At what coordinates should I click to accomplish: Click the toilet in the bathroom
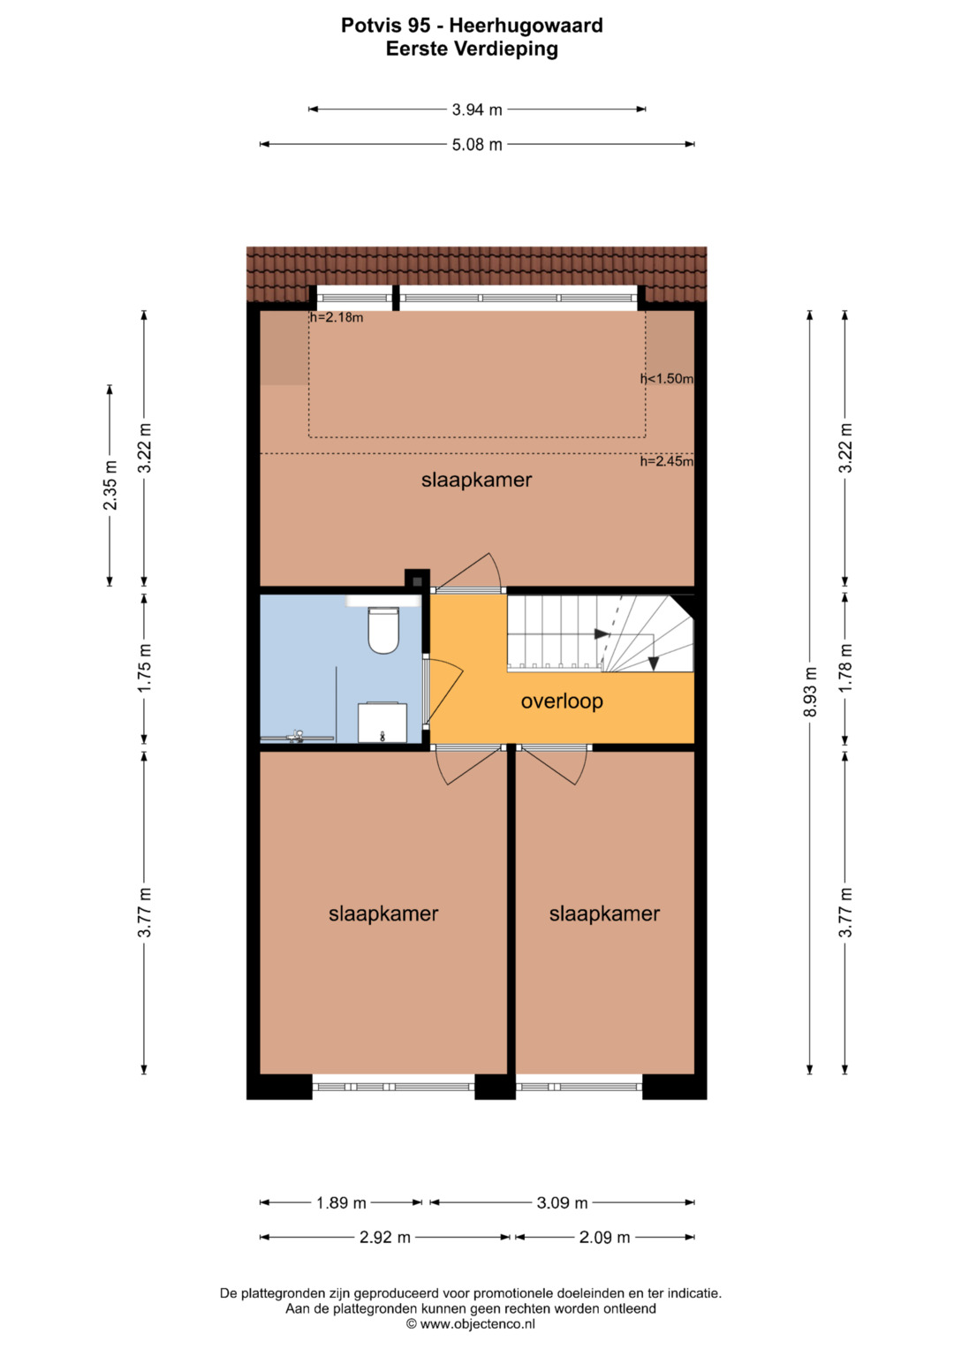point(383,630)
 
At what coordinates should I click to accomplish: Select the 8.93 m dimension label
point(810,692)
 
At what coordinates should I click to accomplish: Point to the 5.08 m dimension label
point(477,145)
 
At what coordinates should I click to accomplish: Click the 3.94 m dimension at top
point(477,110)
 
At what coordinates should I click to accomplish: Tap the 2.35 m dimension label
point(110,485)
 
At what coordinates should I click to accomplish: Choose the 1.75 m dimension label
point(145,668)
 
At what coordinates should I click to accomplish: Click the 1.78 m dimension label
point(845,668)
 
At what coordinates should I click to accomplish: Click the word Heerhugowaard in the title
point(526,26)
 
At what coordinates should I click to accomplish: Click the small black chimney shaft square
point(417,582)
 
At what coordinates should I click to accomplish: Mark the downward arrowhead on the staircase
point(654,663)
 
